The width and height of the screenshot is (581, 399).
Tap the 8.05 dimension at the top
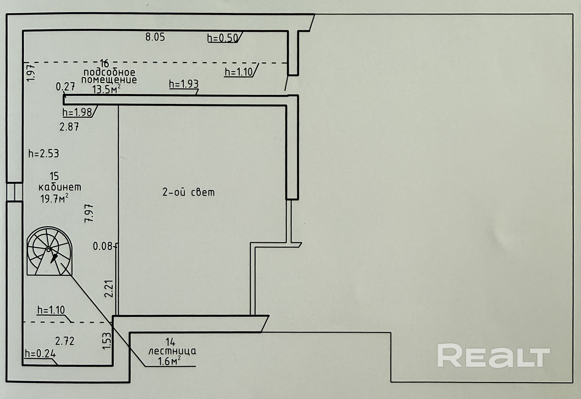pyautogui.click(x=155, y=37)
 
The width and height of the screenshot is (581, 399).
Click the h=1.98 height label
pyautogui.click(x=77, y=112)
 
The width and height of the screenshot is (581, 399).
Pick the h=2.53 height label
pyautogui.click(x=44, y=154)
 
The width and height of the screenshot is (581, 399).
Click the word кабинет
pyautogui.click(x=60, y=187)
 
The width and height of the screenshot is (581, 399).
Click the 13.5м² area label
pyautogui.click(x=106, y=89)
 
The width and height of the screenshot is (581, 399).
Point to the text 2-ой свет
pyautogui.click(x=189, y=192)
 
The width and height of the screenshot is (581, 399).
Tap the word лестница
pyautogui.click(x=172, y=351)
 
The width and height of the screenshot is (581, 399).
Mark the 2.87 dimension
pyautogui.click(x=69, y=127)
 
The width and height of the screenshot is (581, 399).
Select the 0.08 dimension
pyautogui.click(x=103, y=246)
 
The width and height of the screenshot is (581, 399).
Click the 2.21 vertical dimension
pyautogui.click(x=109, y=288)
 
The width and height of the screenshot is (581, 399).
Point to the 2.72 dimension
pyautogui.click(x=65, y=341)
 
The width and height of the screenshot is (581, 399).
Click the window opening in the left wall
pyautogui.click(x=14, y=192)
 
